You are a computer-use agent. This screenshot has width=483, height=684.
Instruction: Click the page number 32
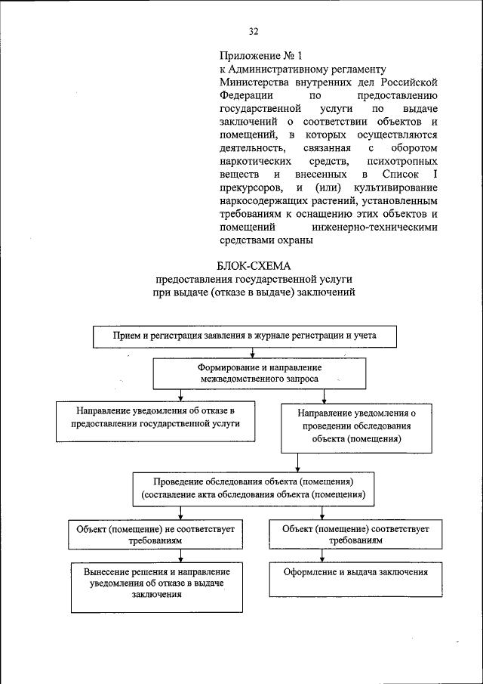[254, 31]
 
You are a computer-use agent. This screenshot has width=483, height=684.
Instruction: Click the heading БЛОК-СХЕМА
[253, 265]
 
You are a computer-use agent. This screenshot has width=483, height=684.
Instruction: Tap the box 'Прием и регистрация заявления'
[245, 335]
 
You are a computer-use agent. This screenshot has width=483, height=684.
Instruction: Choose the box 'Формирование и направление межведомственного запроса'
[260, 372]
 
